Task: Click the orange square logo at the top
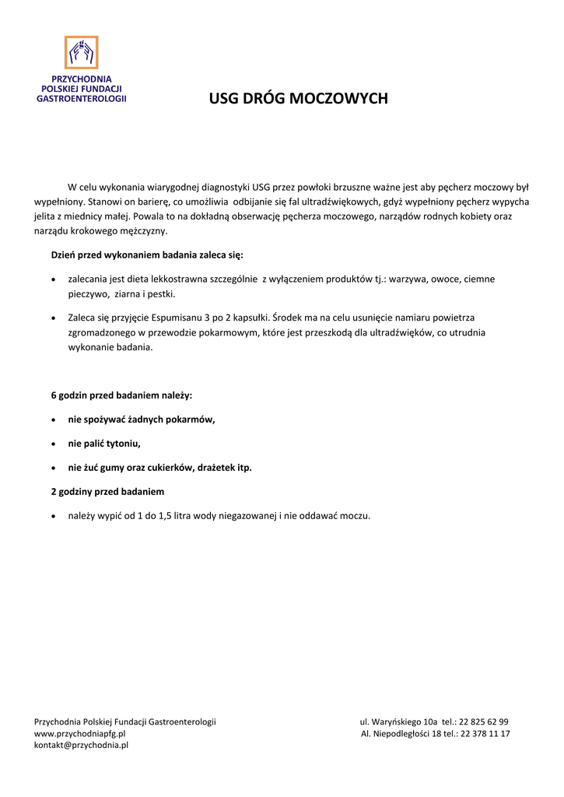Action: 81,52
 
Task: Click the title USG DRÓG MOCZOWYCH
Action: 287,99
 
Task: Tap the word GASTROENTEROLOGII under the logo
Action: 82,100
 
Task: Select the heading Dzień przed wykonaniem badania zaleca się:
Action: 147,255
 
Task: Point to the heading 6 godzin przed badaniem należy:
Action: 121,395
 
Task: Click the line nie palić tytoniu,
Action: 104,444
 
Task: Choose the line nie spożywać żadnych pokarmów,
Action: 141,420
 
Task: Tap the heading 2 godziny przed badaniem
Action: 107,492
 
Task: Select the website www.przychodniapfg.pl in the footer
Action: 79,733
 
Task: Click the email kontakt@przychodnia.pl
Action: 81,745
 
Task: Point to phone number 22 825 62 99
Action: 484,722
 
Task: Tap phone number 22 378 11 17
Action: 485,733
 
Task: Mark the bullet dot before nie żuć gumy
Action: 52,469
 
